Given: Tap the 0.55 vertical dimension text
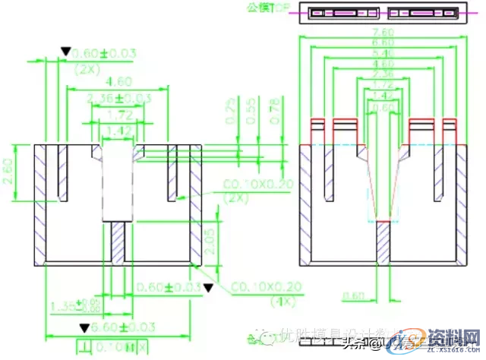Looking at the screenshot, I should click(x=252, y=113).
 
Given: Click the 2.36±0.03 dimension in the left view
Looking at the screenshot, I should click(x=119, y=99).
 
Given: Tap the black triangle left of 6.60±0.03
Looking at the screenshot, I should click(x=83, y=328).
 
